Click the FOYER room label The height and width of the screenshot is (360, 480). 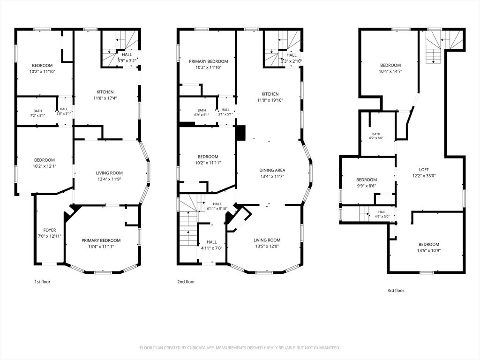click(50, 230)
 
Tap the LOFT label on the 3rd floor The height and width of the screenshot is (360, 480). click(424, 170)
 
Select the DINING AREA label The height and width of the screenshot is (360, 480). click(272, 170)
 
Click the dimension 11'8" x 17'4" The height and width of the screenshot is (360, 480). click(105, 98)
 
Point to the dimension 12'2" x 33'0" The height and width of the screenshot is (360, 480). click(424, 176)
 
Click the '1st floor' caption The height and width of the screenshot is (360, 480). click(42, 282)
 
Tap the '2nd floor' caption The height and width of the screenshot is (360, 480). click(186, 282)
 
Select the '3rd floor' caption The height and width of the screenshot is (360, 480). click(396, 291)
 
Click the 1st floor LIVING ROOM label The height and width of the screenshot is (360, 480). click(109, 173)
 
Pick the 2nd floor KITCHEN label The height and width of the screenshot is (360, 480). click(270, 94)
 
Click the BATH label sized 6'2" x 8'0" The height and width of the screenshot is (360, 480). click(376, 134)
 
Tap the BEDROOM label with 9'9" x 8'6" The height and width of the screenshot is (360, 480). click(367, 180)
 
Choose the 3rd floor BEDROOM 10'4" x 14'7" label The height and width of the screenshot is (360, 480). click(390, 65)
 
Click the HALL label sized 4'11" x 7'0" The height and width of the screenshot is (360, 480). click(211, 242)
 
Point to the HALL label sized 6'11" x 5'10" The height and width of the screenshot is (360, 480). click(217, 204)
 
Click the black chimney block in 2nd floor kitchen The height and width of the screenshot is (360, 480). click(241, 133)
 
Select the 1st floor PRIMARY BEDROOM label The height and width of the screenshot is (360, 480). click(101, 240)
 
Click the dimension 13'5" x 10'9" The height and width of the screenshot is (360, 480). click(429, 251)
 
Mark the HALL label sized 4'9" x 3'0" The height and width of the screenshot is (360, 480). click(382, 212)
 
